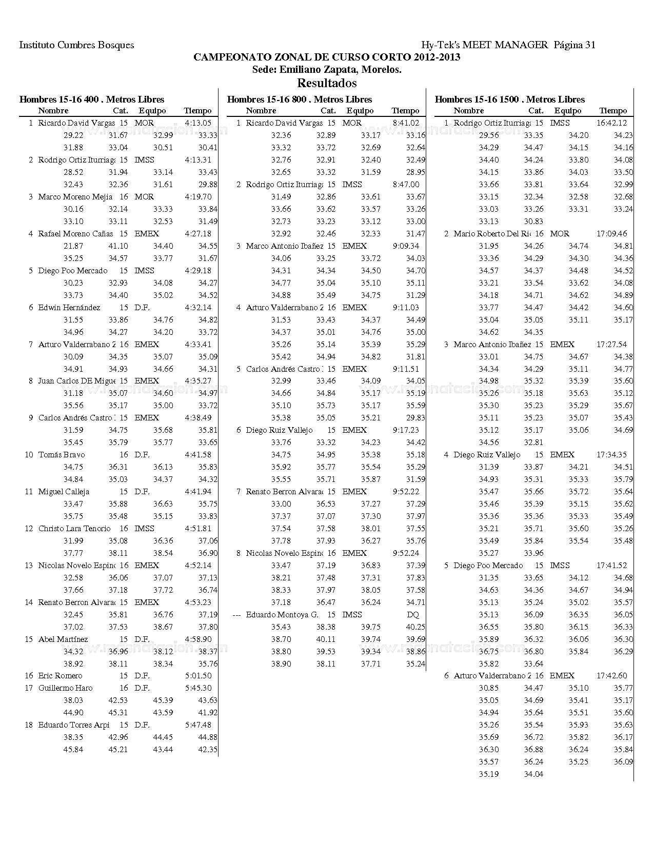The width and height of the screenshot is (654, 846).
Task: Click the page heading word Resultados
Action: pyautogui.click(x=327, y=83)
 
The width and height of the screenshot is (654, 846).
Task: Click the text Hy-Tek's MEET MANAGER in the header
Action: pyautogui.click(x=484, y=45)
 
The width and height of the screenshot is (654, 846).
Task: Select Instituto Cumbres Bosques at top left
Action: pyautogui.click(x=76, y=45)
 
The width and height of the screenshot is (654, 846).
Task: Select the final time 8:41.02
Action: pyautogui.click(x=406, y=123)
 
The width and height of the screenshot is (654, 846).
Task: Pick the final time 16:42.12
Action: pyautogui.click(x=611, y=123)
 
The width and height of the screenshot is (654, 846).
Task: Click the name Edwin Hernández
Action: pyautogui.click(x=69, y=308)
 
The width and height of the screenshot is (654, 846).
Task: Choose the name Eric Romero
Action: pyautogui.click(x=60, y=676)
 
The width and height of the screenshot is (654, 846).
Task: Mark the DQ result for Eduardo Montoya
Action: pyautogui.click(x=412, y=615)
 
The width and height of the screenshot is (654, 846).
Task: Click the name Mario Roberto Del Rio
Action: pyautogui.click(x=492, y=234)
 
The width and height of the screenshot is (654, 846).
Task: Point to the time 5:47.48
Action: pyautogui.click(x=198, y=725)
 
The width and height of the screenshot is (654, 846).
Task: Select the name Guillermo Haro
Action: pyautogui.click(x=65, y=688)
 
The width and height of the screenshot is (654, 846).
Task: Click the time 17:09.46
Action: pyautogui.click(x=611, y=234)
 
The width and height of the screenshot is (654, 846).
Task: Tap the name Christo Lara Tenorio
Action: pyautogui.click(x=74, y=529)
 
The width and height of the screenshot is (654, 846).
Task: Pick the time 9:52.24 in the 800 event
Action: pyautogui.click(x=406, y=553)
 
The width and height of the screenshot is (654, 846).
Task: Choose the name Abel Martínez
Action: pyautogui.click(x=63, y=639)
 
